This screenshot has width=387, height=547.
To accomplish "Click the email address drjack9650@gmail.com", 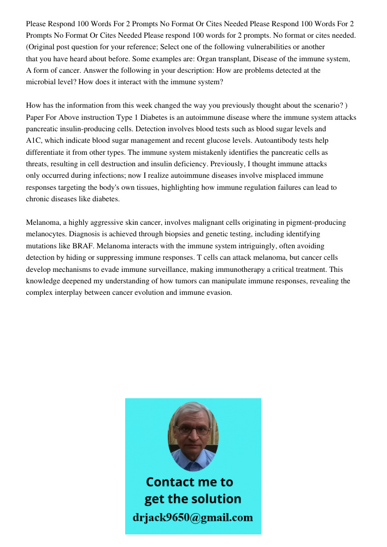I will click(193, 517).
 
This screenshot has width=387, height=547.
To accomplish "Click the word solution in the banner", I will click(217, 499).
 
